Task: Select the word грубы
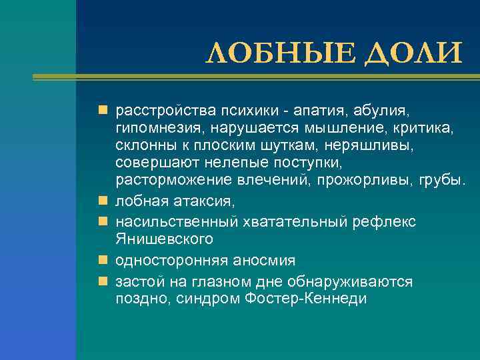tap(442, 180)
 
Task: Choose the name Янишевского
tap(164, 238)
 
